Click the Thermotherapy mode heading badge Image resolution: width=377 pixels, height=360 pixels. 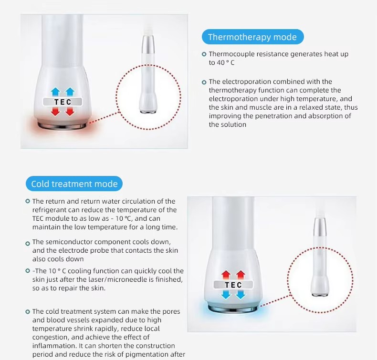tap(253, 37)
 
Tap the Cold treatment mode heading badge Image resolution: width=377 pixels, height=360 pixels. tap(74, 184)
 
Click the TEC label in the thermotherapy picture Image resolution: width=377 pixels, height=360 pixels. tap(63, 102)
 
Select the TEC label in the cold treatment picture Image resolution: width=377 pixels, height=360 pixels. tap(233, 285)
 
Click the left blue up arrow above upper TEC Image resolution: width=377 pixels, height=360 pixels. tap(55, 92)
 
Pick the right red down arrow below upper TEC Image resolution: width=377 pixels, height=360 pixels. tap(70, 112)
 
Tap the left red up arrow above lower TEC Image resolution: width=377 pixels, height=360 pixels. tap(226, 275)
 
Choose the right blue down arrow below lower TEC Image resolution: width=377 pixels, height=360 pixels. tap(241, 294)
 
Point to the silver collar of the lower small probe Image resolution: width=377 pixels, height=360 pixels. tap(319, 226)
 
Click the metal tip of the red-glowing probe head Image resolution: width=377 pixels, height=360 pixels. tap(62, 126)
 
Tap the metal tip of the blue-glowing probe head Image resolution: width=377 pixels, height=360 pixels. tap(233, 309)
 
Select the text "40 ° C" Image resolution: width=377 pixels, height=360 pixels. tap(226, 62)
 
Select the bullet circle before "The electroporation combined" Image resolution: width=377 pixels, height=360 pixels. tap(204, 82)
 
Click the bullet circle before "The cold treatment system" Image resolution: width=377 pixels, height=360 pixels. tap(28, 312)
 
